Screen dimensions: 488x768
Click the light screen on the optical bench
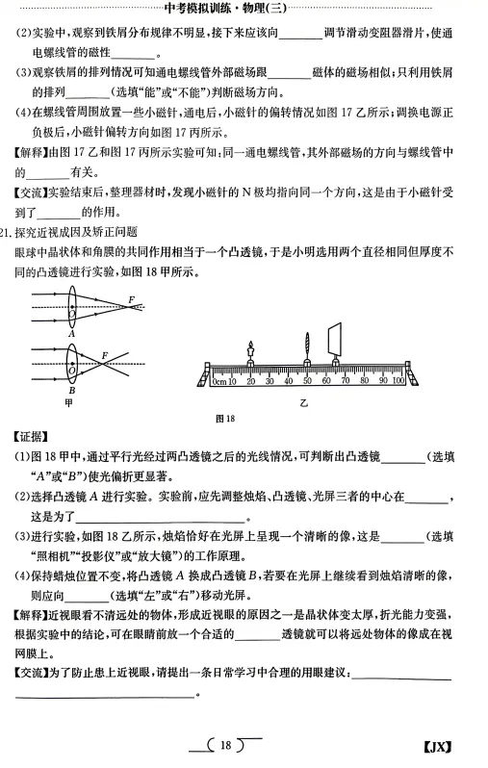(337, 343)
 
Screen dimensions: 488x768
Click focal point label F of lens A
(131, 301)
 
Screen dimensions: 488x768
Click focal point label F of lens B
(103, 356)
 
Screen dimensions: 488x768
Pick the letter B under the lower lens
(71, 391)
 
